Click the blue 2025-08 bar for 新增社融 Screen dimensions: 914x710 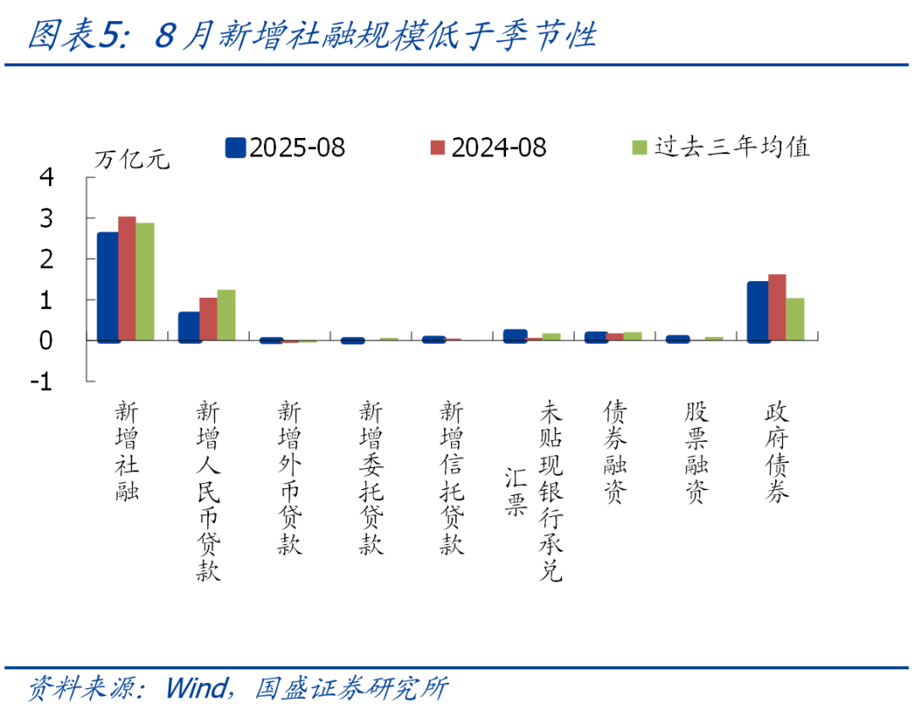(107, 287)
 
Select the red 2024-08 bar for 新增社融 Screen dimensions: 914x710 (127, 278)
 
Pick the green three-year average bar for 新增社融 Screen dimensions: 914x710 (146, 282)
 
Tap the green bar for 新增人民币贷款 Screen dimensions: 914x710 (226, 315)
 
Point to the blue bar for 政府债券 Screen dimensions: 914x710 (757, 312)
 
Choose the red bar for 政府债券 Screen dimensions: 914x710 (777, 307)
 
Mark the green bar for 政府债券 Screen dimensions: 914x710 (795, 319)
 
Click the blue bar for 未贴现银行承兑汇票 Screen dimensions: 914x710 (515, 336)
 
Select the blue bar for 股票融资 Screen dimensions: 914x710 (677, 338)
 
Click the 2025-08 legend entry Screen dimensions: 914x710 (285, 147)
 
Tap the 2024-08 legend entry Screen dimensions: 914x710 (488, 147)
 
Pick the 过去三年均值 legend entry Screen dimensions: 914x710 (721, 147)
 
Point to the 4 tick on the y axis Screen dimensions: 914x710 (47, 177)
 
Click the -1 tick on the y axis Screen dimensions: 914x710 (41, 382)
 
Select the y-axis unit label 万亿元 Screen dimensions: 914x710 (132, 159)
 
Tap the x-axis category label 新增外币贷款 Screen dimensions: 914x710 (289, 476)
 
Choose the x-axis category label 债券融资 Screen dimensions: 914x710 (615, 451)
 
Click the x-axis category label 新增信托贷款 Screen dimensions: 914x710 (452, 476)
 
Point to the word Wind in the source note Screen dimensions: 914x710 (196, 688)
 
